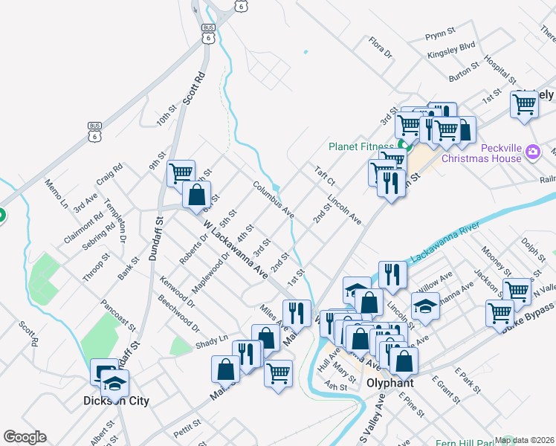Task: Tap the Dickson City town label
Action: [x=116, y=401]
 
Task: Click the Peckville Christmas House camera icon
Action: [x=532, y=152]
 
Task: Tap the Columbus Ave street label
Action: [x=274, y=200]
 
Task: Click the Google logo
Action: [x=25, y=436]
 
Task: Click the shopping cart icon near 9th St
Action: [x=181, y=173]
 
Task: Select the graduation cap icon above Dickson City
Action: [x=115, y=383]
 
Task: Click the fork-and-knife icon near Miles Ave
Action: [x=297, y=312]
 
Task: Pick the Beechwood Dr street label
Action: [x=179, y=314]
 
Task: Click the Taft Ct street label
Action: [x=325, y=175]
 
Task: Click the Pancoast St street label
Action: [x=119, y=316]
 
